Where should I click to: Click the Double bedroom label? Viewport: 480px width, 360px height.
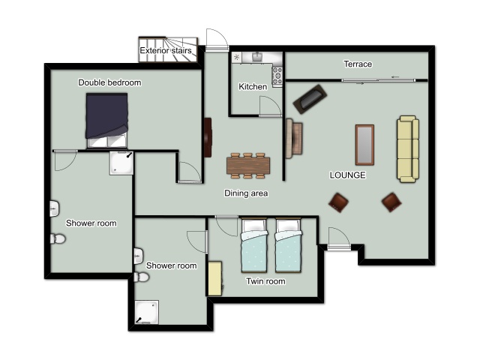point(109,82)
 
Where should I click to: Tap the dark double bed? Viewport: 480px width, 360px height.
point(106,120)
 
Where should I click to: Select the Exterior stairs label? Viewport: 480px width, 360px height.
point(166,50)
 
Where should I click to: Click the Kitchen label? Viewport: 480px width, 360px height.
point(253,87)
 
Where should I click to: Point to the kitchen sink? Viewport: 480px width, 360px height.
point(257,57)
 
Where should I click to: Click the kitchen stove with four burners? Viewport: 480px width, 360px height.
point(277,75)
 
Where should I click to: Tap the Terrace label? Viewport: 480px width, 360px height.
point(358,64)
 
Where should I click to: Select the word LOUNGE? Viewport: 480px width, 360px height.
point(347,175)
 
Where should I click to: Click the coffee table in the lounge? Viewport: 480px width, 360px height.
point(364,145)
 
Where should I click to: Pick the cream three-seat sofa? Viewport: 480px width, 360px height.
point(408,149)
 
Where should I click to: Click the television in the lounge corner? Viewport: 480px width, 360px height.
point(310,99)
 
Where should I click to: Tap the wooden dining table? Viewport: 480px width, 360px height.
point(248,166)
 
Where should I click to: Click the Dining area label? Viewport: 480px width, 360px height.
point(246,193)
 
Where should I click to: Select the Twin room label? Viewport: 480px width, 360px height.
point(265,281)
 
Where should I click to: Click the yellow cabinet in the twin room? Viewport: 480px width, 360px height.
point(215,278)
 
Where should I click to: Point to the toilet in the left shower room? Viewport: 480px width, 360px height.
point(58,238)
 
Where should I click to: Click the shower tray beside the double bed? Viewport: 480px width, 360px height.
point(121,163)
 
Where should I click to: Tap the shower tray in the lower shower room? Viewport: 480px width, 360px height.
point(147,312)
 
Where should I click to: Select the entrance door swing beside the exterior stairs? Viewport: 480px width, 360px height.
point(217,39)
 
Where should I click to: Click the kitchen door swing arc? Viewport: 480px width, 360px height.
point(270,106)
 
